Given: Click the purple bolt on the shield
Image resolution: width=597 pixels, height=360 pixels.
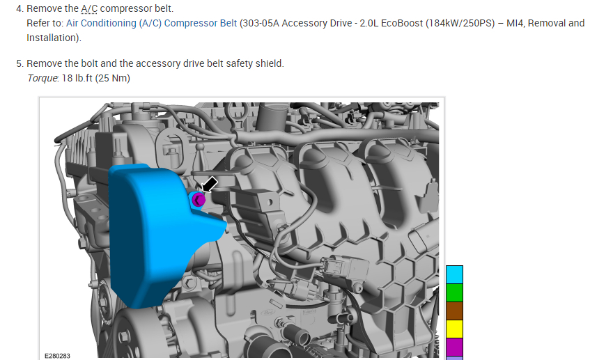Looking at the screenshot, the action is point(198,199).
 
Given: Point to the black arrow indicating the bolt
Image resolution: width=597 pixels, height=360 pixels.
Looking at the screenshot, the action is point(210,185).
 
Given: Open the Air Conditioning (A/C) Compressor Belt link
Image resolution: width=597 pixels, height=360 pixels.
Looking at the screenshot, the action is point(152,23).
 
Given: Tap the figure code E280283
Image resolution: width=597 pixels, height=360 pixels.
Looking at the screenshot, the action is point(58,356).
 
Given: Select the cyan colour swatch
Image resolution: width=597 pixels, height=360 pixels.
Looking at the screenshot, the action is point(454,275).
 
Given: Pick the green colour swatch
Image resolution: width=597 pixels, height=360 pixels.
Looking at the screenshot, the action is point(454,292).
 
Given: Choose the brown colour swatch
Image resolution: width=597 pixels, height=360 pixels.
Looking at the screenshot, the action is point(454,311).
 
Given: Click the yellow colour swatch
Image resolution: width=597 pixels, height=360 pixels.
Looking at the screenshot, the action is point(454,329).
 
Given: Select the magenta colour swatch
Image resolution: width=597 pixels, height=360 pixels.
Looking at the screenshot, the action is point(454,347).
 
